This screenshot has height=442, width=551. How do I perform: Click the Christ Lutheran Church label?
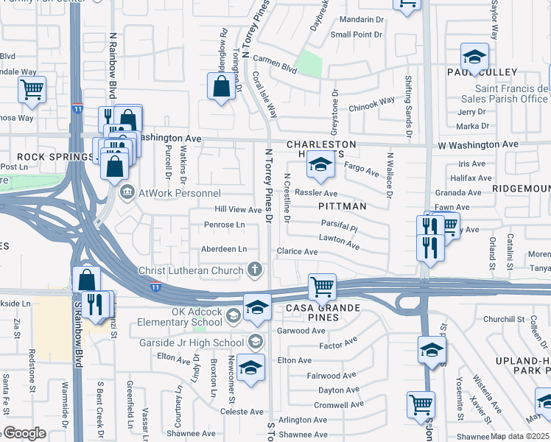tap(191, 270)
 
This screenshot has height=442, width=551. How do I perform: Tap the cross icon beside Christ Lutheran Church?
tap(255, 270)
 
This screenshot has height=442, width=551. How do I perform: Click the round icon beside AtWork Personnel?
tap(127, 192)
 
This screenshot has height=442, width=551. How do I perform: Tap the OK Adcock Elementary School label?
tap(177, 317)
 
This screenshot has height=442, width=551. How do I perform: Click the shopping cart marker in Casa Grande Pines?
tap(321, 286)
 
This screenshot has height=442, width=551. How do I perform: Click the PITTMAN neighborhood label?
tap(343, 207)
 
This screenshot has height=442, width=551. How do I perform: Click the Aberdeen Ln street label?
tap(224, 249)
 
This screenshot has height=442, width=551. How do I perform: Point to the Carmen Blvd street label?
tap(274, 65)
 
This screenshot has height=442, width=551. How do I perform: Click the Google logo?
tap(24, 433)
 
